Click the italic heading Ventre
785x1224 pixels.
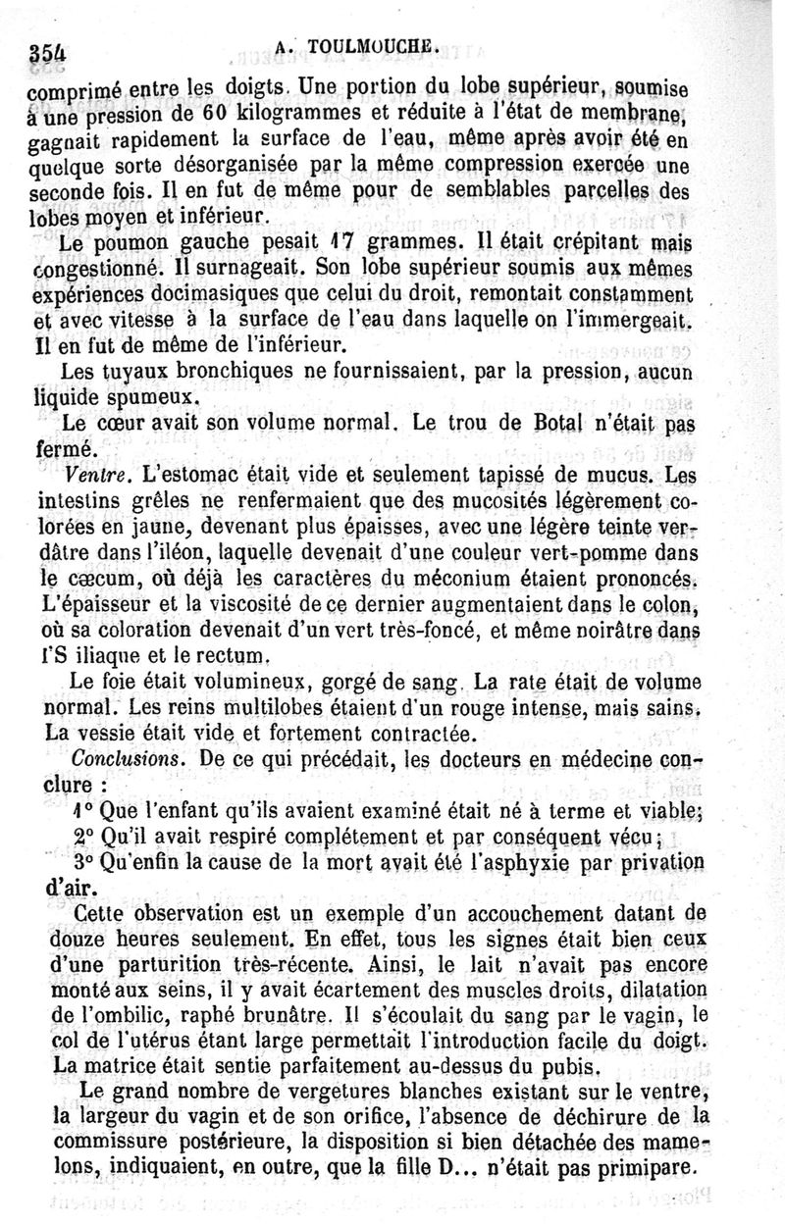99,477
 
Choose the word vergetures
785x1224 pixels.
318,1090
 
